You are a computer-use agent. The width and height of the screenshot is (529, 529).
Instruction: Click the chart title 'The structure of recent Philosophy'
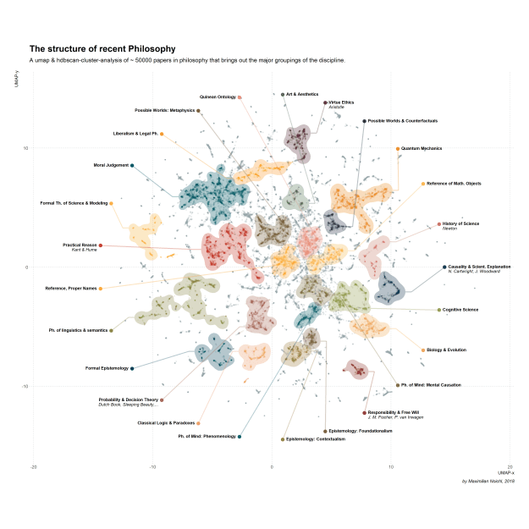click(x=102, y=49)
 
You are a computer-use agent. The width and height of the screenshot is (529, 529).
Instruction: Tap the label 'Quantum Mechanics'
click(x=423, y=149)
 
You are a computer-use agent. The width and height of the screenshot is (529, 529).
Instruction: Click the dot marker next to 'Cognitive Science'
click(x=439, y=310)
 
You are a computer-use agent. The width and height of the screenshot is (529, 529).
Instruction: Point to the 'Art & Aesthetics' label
click(x=302, y=94)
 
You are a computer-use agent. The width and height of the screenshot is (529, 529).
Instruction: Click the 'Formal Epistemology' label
click(x=107, y=368)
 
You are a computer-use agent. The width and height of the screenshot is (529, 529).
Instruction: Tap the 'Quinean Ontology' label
click(x=218, y=97)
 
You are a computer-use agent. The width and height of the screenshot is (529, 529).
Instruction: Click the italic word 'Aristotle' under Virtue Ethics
click(x=336, y=107)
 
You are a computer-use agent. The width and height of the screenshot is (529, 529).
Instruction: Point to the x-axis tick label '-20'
click(x=33, y=467)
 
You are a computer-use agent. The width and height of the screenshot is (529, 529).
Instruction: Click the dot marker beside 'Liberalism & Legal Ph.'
click(x=162, y=134)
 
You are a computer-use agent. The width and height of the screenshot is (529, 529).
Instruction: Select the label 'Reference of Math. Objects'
click(x=454, y=184)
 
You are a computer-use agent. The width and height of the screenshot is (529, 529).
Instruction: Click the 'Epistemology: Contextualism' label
click(x=316, y=439)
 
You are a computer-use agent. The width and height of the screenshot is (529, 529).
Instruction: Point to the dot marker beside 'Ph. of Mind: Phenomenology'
click(x=240, y=437)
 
